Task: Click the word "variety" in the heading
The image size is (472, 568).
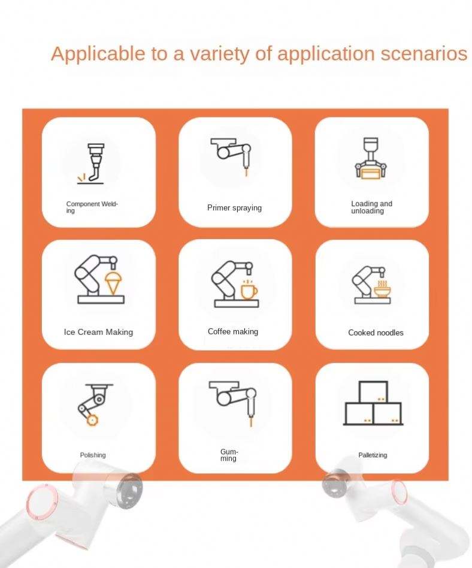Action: [x=220, y=54]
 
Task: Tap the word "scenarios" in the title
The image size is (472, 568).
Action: [x=424, y=53]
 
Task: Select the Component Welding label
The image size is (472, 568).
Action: [x=92, y=207]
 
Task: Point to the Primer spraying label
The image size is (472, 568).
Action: [x=234, y=207]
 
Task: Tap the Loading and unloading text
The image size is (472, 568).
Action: [x=371, y=207]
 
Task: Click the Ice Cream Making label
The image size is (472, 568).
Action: [x=98, y=332]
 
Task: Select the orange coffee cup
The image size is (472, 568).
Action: [x=249, y=290]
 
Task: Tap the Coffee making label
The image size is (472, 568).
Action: [x=233, y=331]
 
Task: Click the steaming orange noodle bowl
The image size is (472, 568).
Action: [x=382, y=289]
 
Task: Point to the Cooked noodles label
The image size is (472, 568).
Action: [x=376, y=333]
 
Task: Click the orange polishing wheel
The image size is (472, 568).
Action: [x=92, y=420]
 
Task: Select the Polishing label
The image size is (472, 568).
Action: [x=93, y=455]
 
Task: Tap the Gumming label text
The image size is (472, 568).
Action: [x=229, y=455]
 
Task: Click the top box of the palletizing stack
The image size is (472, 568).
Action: [x=373, y=392]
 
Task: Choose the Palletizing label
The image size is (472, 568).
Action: [x=373, y=455]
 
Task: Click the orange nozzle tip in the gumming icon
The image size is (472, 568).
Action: [x=250, y=422]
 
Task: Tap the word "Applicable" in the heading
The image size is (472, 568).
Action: [x=98, y=54]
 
